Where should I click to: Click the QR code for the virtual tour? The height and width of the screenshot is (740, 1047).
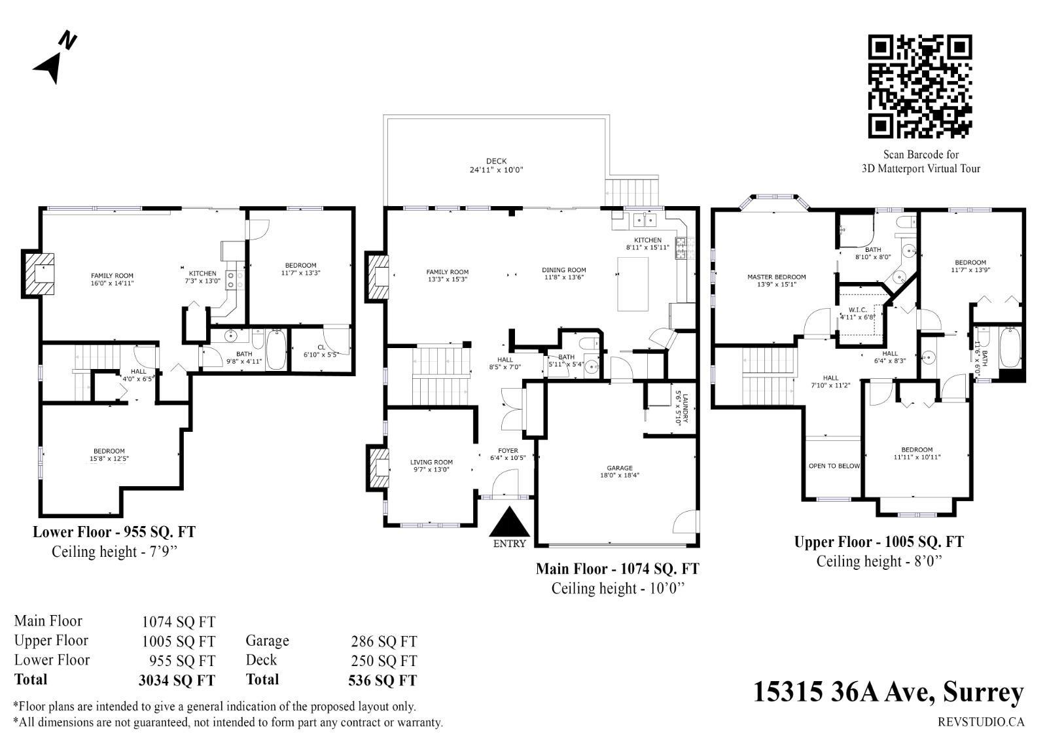pyautogui.click(x=920, y=86)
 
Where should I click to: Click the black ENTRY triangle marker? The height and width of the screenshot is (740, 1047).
pyautogui.click(x=509, y=521)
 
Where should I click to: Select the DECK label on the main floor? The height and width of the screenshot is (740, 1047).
pyautogui.click(x=496, y=161)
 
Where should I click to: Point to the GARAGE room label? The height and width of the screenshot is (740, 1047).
pyautogui.click(x=619, y=468)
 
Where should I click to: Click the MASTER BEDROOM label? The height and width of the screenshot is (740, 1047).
pyautogui.click(x=776, y=277)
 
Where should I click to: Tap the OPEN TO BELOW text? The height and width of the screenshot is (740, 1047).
pyautogui.click(x=834, y=466)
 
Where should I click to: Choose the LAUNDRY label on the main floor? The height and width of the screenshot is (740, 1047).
pyautogui.click(x=685, y=408)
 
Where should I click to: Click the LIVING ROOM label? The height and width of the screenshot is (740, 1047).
pyautogui.click(x=431, y=462)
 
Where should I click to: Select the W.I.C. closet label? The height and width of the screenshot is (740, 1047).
pyautogui.click(x=857, y=309)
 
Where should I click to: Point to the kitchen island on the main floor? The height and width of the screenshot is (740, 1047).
pyautogui.click(x=633, y=284)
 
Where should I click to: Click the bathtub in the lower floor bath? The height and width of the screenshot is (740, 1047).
pyautogui.click(x=275, y=349)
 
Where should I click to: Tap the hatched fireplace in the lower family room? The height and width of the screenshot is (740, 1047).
pyautogui.click(x=39, y=274)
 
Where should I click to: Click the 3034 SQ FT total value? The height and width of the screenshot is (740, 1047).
pyautogui.click(x=177, y=680)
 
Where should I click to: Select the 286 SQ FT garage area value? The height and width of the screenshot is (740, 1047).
pyautogui.click(x=383, y=641)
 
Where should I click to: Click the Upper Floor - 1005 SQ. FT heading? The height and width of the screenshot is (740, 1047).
pyautogui.click(x=879, y=542)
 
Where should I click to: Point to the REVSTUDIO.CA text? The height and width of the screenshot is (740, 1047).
pyautogui.click(x=981, y=722)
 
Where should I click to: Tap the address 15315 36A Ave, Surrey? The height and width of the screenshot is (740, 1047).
pyautogui.click(x=889, y=692)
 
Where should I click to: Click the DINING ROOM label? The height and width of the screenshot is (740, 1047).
pyautogui.click(x=563, y=270)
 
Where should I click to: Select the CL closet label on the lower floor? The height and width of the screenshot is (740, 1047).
pyautogui.click(x=321, y=347)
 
